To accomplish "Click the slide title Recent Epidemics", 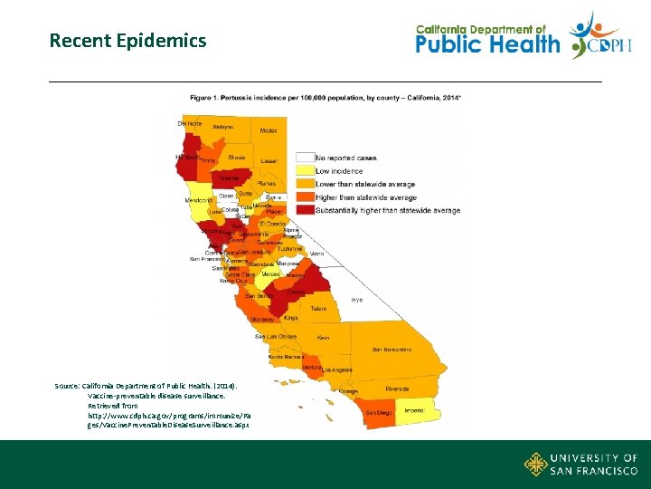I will (127, 41).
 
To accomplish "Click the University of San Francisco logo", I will (580, 465).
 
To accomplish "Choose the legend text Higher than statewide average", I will (365, 197).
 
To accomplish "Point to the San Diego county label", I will (378, 412).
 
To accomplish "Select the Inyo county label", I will (356, 300).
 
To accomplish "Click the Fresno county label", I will (295, 292).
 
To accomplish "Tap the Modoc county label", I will (269, 131).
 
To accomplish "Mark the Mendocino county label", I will (199, 199).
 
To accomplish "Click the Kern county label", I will (324, 337).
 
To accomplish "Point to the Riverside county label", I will (397, 388).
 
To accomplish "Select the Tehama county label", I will (229, 178).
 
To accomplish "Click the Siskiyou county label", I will (222, 127).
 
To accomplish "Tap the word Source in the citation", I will (67, 386).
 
